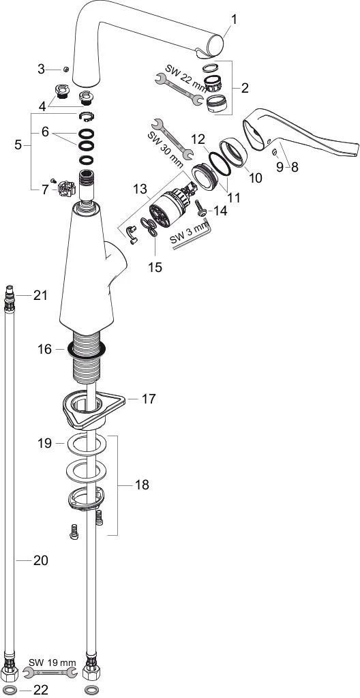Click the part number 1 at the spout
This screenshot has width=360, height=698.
click(235, 20)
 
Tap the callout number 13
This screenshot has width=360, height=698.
click(140, 190)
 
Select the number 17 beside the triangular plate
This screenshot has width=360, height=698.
click(149, 399)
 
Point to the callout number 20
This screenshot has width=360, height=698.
click(40, 560)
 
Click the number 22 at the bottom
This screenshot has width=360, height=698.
click(40, 690)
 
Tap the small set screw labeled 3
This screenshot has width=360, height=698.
click(65, 69)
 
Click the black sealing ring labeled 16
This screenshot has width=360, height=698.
click(87, 350)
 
